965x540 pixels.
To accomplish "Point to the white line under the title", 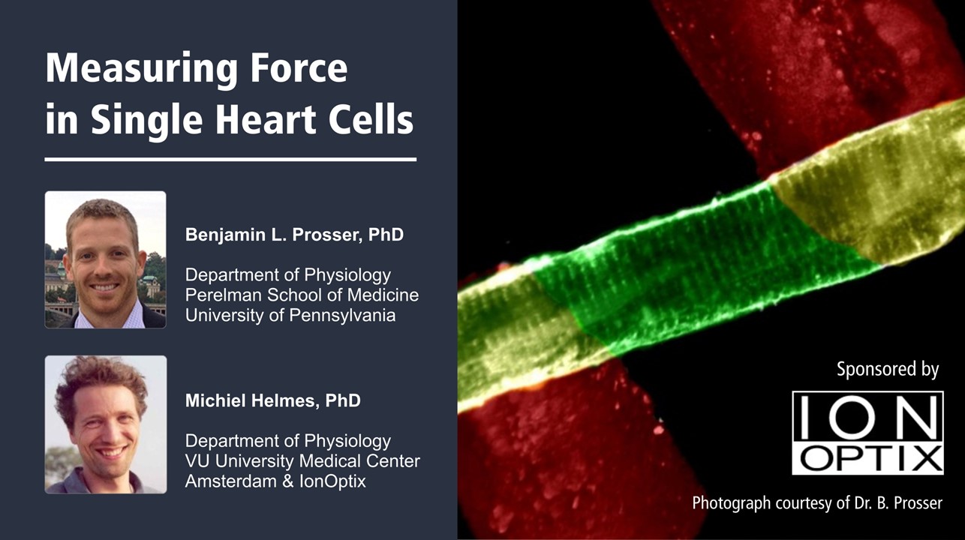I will tap(230, 159).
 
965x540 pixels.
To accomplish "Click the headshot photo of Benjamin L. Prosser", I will tap(105, 259).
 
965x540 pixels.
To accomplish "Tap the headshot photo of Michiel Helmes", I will tap(105, 424).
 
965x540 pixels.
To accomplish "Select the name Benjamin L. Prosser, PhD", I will tap(294, 235).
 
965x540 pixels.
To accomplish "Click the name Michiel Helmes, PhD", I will tap(272, 401).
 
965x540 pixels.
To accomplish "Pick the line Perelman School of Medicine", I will tap(302, 295).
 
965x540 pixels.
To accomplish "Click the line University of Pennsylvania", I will tap(290, 315).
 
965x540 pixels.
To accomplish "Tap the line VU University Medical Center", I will tap(302, 460).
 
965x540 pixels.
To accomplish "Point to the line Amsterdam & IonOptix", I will tap(275, 481).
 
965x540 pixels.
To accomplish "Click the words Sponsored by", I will tap(887, 369).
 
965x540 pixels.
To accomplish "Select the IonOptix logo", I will tap(867, 433).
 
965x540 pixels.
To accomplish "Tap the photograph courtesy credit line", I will tap(816, 502).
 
